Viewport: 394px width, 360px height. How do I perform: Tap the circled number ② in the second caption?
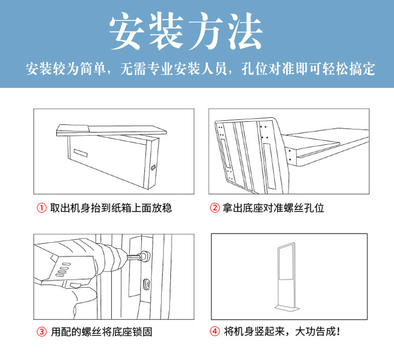pyautogui.click(x=214, y=208)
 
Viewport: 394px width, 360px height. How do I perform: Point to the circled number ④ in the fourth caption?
pyautogui.click(x=214, y=332)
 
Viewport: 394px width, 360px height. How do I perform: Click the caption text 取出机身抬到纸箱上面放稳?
pyautogui.click(x=111, y=208)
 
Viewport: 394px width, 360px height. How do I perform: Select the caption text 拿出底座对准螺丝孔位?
pyautogui.click(x=273, y=208)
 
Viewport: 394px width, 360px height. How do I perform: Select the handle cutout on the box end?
pyautogui.click(x=154, y=165)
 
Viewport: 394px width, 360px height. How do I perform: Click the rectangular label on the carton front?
pyautogui.click(x=79, y=150)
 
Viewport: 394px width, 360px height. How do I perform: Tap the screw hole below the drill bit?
pyautogui.click(x=148, y=284)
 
